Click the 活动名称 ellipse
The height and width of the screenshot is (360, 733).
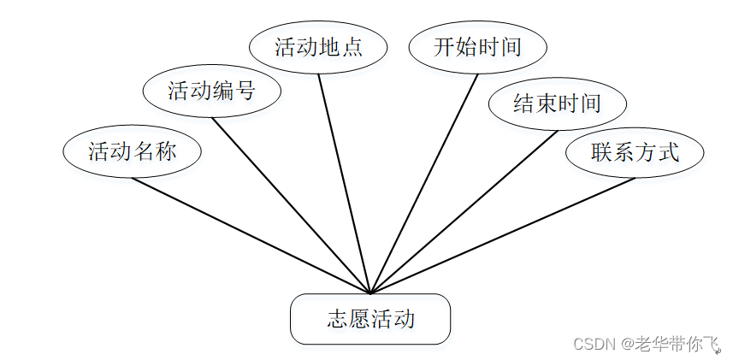132,152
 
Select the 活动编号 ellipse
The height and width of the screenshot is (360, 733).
211,91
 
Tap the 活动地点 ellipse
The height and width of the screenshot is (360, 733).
318,47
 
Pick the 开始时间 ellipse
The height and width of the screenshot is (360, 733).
477,47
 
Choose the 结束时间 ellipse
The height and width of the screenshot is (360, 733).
557,104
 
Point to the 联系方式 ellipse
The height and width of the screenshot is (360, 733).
635,152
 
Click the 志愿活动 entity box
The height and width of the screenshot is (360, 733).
370,319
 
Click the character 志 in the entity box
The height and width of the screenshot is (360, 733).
337,319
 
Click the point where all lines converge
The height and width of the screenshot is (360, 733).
370,293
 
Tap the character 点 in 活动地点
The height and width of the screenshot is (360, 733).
352,47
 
